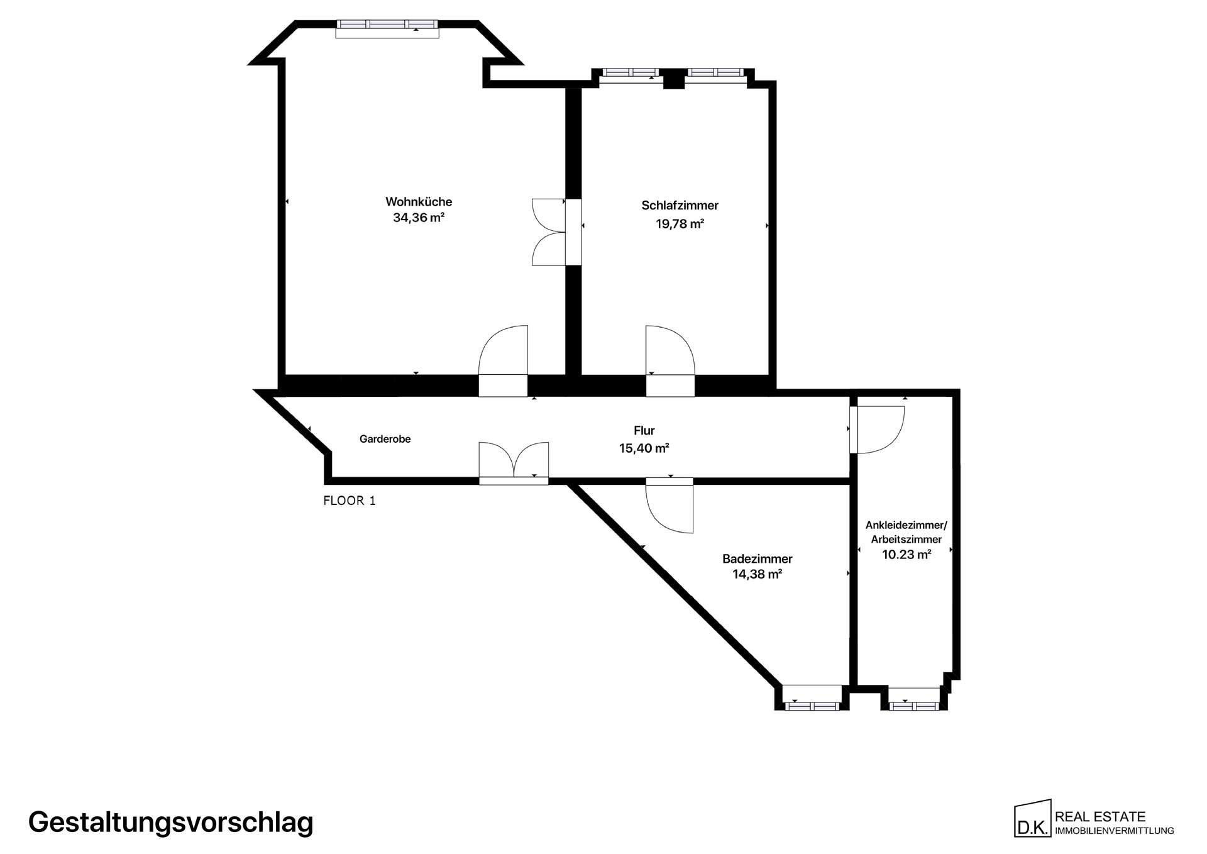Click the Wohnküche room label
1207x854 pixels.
[x=419, y=202]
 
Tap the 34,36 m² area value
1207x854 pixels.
[x=419, y=218]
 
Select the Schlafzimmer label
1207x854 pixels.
[x=680, y=205]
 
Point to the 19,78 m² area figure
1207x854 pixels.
[x=680, y=223]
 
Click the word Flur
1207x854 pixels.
[x=644, y=431]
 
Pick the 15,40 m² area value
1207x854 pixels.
[x=644, y=448]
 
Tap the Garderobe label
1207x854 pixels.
[x=385, y=439]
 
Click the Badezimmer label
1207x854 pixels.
[x=757, y=558]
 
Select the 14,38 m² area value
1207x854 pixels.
[x=757, y=574]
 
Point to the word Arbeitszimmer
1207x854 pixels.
[x=906, y=540]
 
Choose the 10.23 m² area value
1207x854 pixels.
[x=906, y=555]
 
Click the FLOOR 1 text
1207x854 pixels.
[x=350, y=501]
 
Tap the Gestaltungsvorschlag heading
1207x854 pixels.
[x=170, y=823]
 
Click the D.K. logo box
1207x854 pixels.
[x=1032, y=819]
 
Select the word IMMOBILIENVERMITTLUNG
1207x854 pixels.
[x=1114, y=831]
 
